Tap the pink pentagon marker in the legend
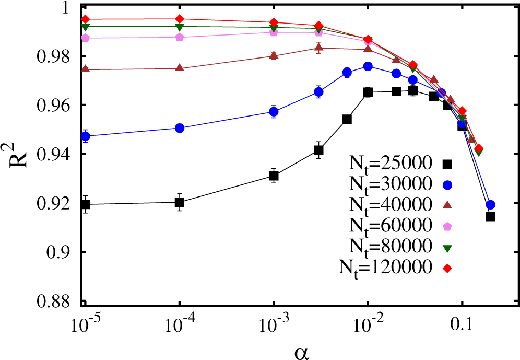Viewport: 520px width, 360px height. [x=447, y=225]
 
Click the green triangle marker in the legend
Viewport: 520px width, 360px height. [x=447, y=246]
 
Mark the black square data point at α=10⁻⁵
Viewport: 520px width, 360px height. [x=85, y=204]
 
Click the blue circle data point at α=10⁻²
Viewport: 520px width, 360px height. [x=368, y=66]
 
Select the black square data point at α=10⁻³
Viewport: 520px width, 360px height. [x=274, y=176]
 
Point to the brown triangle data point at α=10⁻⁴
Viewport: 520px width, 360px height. [x=180, y=68]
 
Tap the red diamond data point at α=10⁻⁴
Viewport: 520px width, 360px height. [x=180, y=19]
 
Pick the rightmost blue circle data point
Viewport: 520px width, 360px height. [x=490, y=204]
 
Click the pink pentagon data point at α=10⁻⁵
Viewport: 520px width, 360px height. [x=85, y=38]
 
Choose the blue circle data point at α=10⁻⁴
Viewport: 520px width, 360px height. [x=180, y=128]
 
